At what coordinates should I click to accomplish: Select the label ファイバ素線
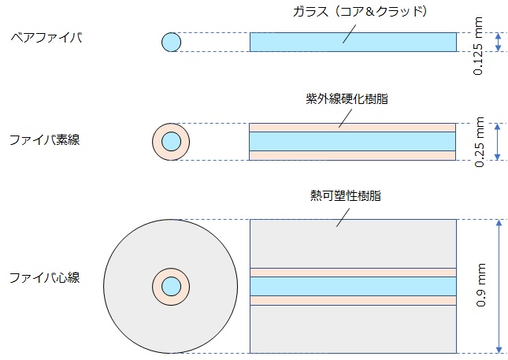coord(44,140)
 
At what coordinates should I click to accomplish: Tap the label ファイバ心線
coord(44,278)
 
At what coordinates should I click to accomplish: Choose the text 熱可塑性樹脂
coord(346,195)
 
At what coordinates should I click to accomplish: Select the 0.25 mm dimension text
coord(480,143)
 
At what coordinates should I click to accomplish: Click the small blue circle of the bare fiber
coord(171,42)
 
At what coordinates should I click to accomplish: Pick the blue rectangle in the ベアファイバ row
coord(353,42)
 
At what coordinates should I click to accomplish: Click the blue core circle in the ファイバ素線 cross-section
coord(171,142)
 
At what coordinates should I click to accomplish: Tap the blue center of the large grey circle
coord(171,286)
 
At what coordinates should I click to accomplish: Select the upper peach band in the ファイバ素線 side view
coord(353,127)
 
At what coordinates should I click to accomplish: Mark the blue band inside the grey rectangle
coord(353,286)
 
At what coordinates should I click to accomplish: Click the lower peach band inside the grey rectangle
coord(353,300)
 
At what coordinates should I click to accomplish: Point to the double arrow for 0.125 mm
coord(497,42)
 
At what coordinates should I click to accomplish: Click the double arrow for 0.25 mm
coord(497,142)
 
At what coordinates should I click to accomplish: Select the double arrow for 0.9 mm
coord(497,286)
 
